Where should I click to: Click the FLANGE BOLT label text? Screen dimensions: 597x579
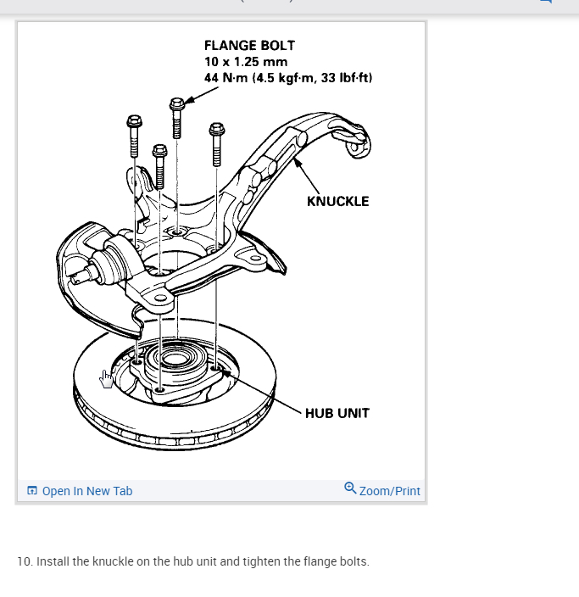(249, 45)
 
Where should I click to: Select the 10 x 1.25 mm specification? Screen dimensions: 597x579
(246, 62)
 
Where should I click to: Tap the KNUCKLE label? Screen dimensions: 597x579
(337, 201)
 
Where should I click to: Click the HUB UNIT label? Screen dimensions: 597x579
(337, 413)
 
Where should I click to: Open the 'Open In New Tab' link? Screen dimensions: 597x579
(87, 491)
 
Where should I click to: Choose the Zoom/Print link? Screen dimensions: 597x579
(390, 491)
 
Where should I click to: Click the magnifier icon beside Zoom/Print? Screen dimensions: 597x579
(350, 488)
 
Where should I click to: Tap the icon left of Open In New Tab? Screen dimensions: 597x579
(32, 491)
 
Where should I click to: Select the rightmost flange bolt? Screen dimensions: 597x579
(215, 142)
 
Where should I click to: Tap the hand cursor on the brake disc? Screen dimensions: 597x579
(106, 378)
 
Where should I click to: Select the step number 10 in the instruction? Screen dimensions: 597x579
(24, 561)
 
